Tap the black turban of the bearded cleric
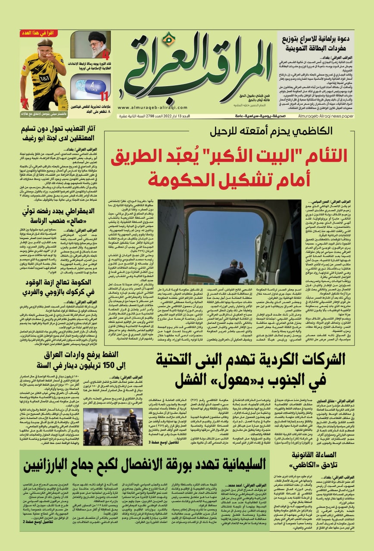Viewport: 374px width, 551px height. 97,35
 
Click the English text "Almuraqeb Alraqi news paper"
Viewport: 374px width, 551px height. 332,116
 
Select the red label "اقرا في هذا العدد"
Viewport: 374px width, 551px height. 42,33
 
